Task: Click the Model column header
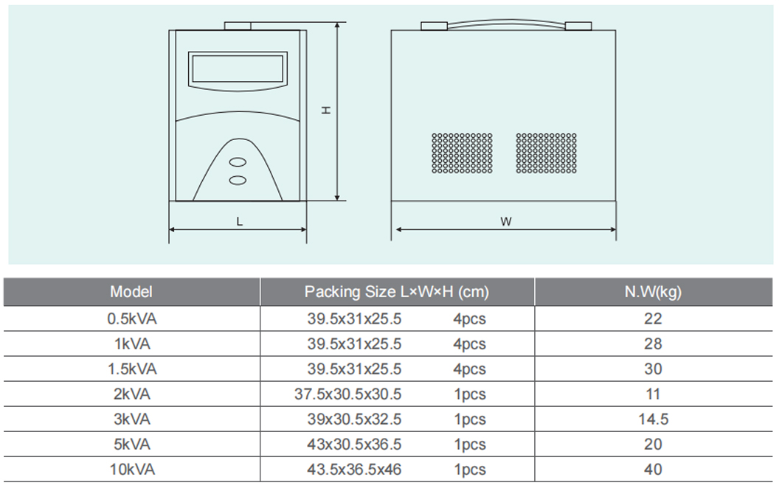[131, 292]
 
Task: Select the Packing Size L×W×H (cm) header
[396, 292]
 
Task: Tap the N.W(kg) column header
[653, 292]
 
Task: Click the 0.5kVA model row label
[131, 318]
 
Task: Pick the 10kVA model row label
[132, 469]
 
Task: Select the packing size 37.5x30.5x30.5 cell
[347, 394]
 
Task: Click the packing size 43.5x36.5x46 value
[354, 469]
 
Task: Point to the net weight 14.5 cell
[654, 419]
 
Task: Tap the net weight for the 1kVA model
[653, 344]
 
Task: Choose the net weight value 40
[653, 469]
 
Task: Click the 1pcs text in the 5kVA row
[469, 444]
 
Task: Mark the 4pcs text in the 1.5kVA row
[469, 369]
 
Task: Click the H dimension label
[326, 110]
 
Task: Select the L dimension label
[239, 221]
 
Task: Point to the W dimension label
[505, 221]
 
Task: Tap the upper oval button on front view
[238, 162]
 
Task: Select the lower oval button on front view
[238, 180]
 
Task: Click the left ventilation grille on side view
[462, 153]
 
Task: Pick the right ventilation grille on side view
[546, 153]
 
